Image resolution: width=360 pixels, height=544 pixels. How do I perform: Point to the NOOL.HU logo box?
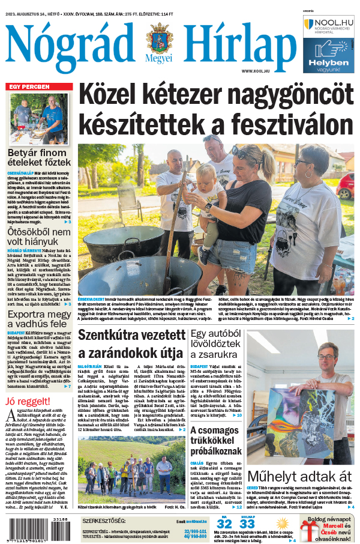click(x=329, y=26)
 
